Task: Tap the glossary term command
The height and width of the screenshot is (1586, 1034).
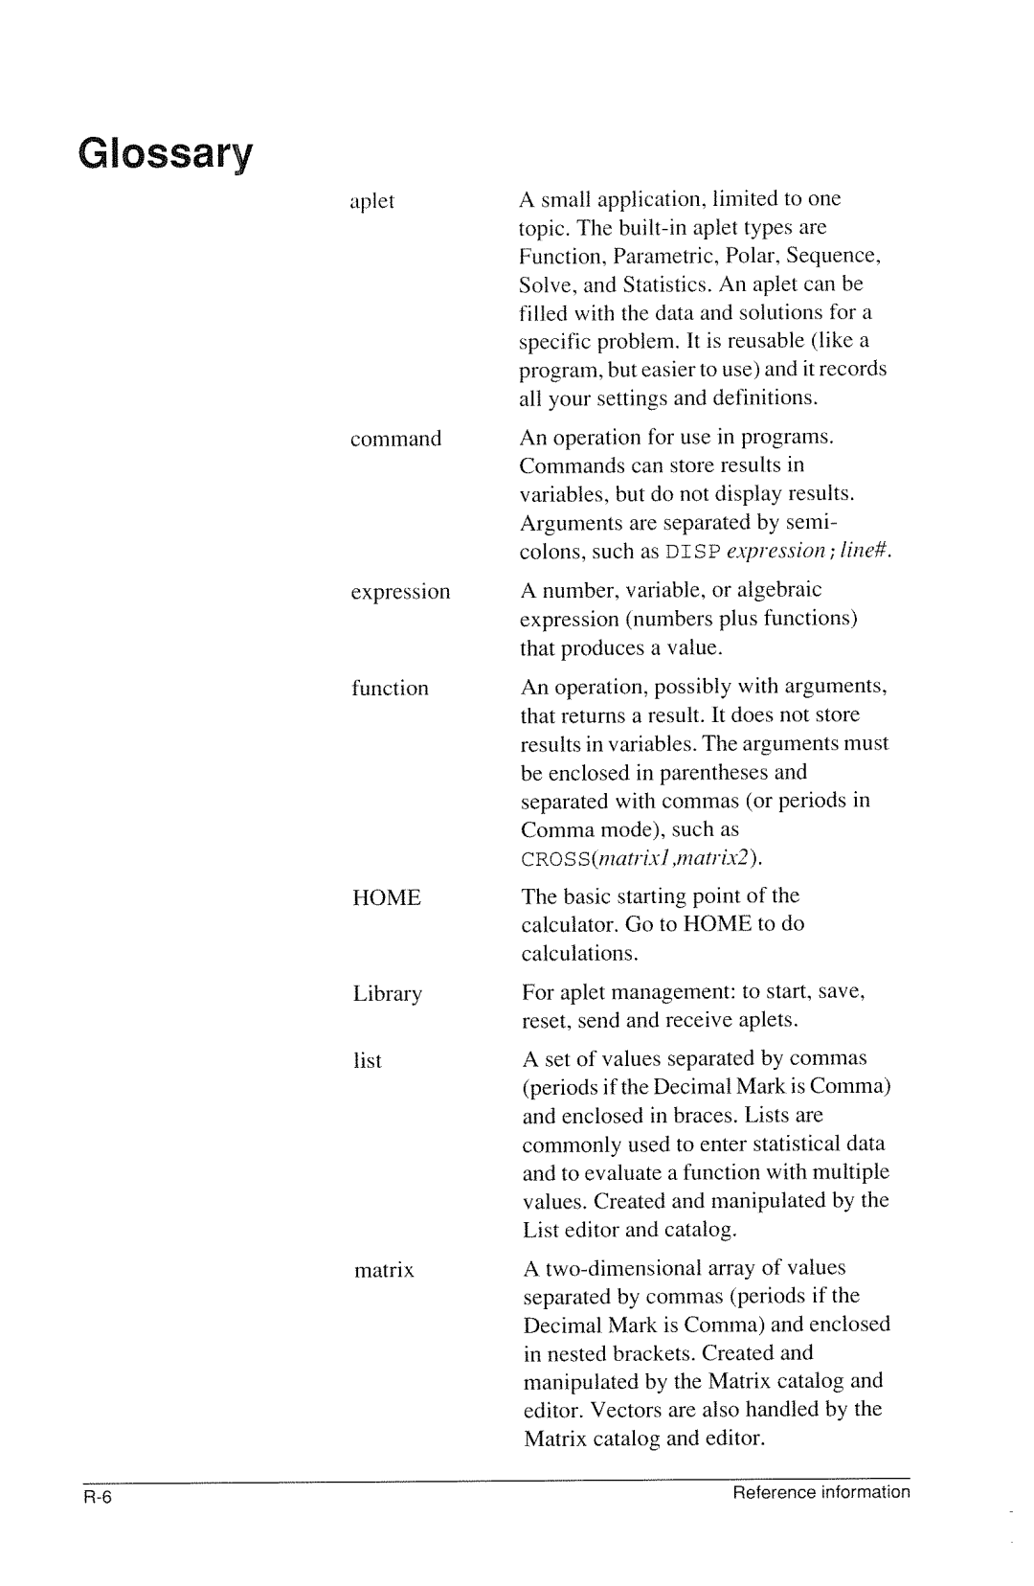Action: point(395,440)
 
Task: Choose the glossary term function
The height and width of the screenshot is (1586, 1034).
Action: point(390,689)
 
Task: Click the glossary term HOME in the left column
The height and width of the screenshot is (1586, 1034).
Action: point(386,898)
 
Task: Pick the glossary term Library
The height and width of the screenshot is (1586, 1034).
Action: point(387,994)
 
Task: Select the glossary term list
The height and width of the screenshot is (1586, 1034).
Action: point(367,1061)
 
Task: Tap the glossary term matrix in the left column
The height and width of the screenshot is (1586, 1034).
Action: point(383,1271)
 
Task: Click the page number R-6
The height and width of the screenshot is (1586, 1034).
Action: point(99,1499)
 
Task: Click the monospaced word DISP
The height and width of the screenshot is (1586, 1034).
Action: point(692,553)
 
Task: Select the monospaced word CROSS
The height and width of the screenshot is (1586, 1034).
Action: point(551,858)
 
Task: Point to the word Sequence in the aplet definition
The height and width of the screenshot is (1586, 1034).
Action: point(839,257)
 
